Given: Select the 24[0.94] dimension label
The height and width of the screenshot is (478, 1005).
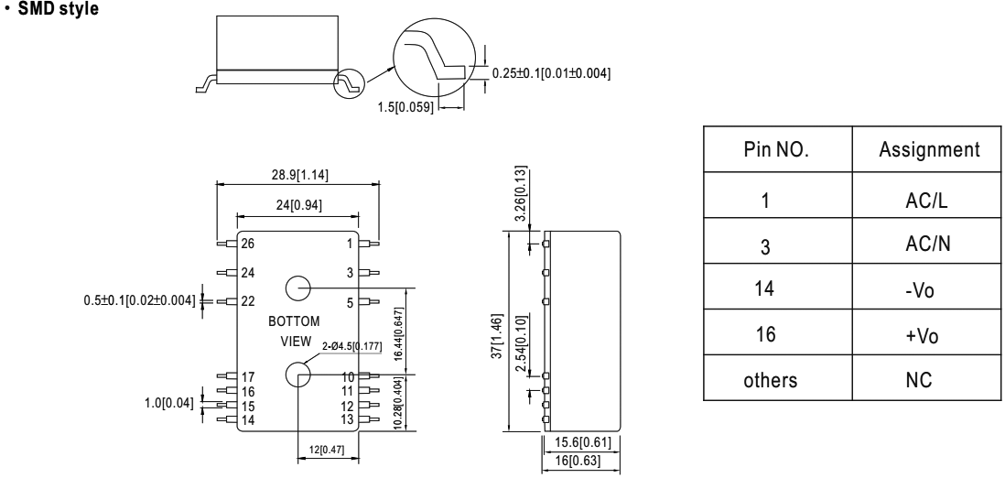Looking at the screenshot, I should (x=297, y=206).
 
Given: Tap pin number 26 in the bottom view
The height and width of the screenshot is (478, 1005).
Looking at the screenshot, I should (x=249, y=244).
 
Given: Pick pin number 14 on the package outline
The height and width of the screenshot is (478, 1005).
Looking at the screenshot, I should (x=249, y=419).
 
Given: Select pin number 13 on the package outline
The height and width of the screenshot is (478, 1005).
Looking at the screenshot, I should (x=347, y=419).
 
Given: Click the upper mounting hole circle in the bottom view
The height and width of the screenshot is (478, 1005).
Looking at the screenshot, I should (x=297, y=288).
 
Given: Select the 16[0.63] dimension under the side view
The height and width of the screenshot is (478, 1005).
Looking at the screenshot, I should (x=585, y=461).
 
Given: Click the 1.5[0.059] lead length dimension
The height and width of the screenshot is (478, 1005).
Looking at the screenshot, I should (x=405, y=108).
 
